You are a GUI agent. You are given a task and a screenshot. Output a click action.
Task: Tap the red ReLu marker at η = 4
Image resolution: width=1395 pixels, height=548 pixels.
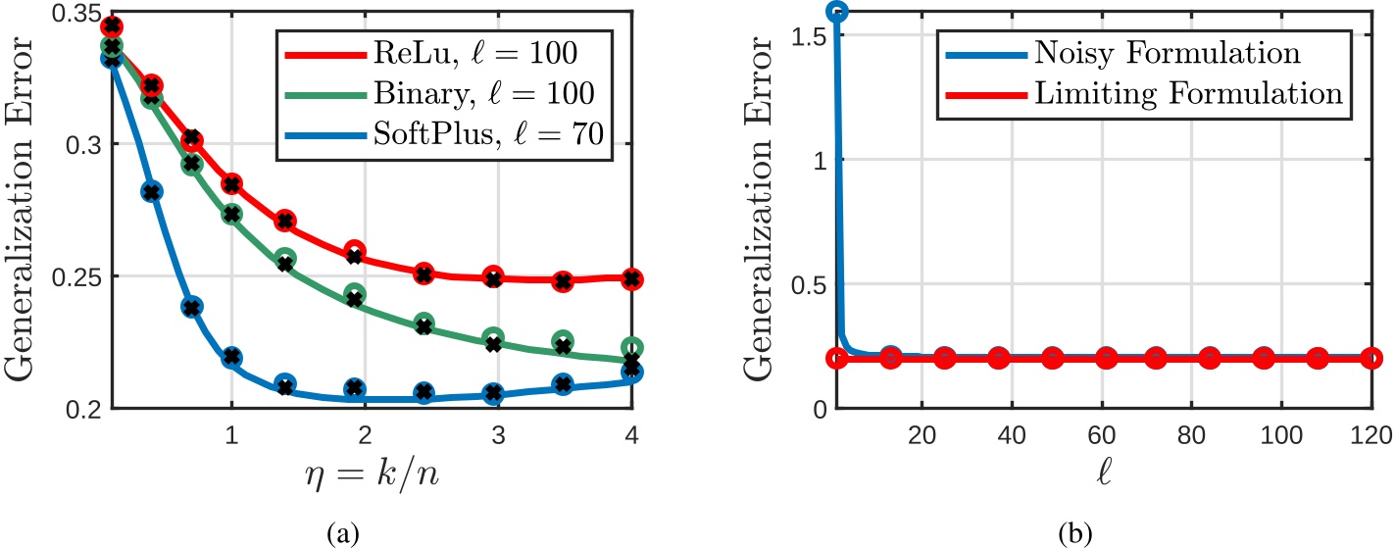pos(632,278)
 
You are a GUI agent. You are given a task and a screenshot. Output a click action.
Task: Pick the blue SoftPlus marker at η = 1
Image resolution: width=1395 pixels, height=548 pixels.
pos(231,357)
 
